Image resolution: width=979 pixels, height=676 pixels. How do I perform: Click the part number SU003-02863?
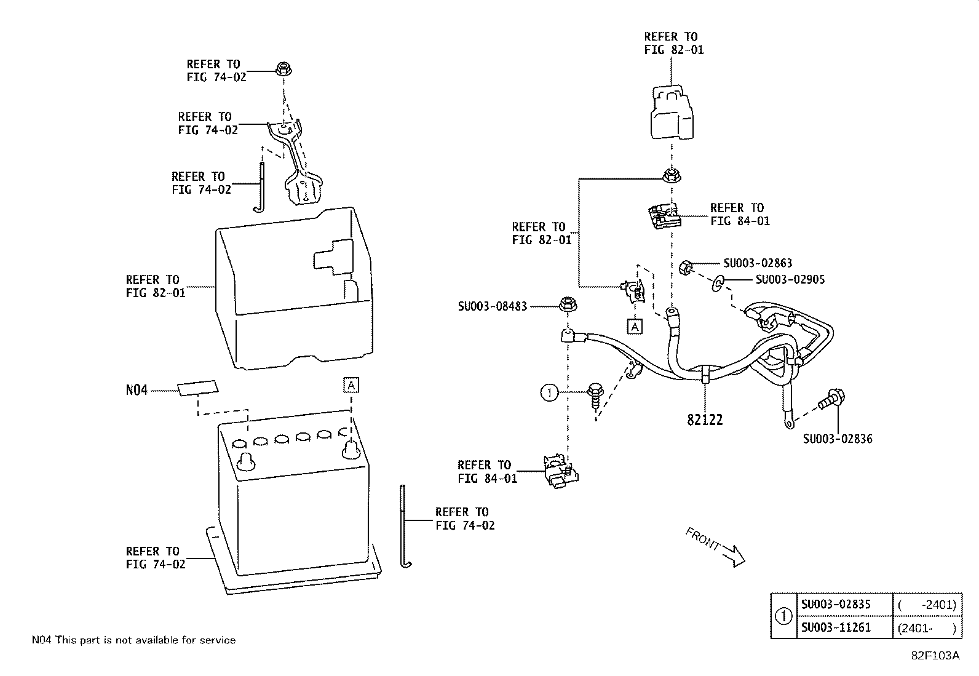[758, 263]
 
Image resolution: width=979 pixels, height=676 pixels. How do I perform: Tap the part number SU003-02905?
[790, 279]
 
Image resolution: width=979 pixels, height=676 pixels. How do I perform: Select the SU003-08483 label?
[493, 306]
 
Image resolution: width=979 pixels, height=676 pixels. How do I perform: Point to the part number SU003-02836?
[838, 439]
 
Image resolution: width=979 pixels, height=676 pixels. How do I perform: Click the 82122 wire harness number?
[705, 420]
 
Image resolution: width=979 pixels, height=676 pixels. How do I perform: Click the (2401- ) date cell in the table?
[927, 628]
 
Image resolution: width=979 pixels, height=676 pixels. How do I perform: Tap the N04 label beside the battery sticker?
[137, 389]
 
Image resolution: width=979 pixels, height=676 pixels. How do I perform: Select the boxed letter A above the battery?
[351, 385]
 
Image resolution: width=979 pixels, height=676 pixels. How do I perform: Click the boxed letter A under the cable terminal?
[635, 326]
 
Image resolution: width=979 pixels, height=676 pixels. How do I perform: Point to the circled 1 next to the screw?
[549, 392]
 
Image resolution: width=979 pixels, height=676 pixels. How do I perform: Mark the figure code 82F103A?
[935, 656]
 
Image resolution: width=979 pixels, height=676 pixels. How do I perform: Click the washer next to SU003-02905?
[718, 284]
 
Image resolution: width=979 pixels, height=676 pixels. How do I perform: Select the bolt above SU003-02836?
[831, 399]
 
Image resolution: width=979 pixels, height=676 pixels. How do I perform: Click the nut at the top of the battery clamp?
[283, 69]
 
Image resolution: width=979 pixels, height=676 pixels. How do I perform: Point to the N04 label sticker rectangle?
[197, 388]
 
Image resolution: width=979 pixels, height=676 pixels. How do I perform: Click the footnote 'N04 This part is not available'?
[133, 640]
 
